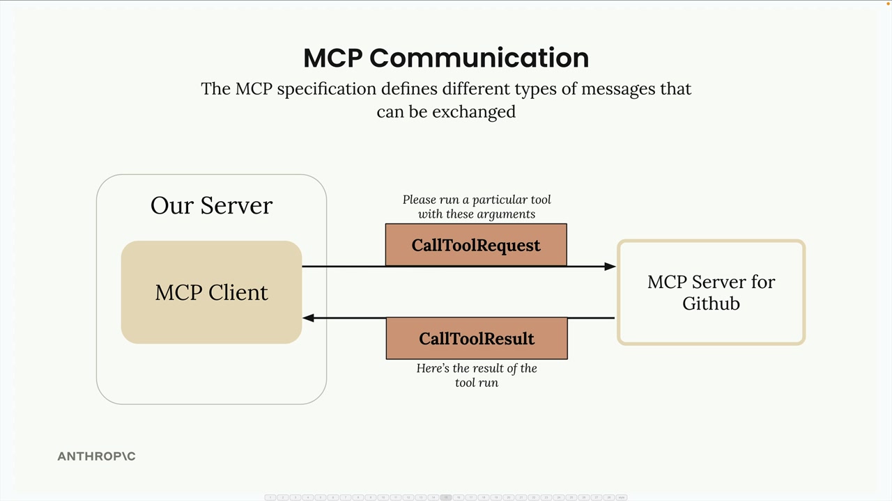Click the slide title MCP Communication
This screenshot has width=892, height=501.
446,58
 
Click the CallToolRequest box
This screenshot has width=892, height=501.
476,245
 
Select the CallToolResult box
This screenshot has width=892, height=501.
477,338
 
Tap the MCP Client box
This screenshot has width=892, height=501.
211,292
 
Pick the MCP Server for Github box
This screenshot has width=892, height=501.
711,292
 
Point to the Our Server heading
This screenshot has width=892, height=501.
211,205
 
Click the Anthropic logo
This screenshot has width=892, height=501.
96,456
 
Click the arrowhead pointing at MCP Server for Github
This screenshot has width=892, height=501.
610,266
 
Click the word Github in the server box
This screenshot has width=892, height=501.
711,303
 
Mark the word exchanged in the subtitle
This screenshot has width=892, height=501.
474,111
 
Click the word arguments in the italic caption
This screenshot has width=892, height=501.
505,214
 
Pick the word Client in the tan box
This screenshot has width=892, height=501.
239,292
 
